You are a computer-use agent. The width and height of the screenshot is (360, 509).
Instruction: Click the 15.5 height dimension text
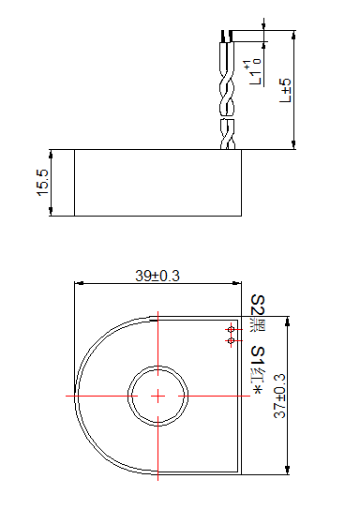(x=42, y=182)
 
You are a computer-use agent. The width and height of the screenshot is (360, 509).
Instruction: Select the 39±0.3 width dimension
(x=157, y=276)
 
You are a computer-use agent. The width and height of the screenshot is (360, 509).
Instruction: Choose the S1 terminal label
(x=259, y=356)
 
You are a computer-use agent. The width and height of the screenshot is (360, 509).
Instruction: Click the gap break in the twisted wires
(x=227, y=116)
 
